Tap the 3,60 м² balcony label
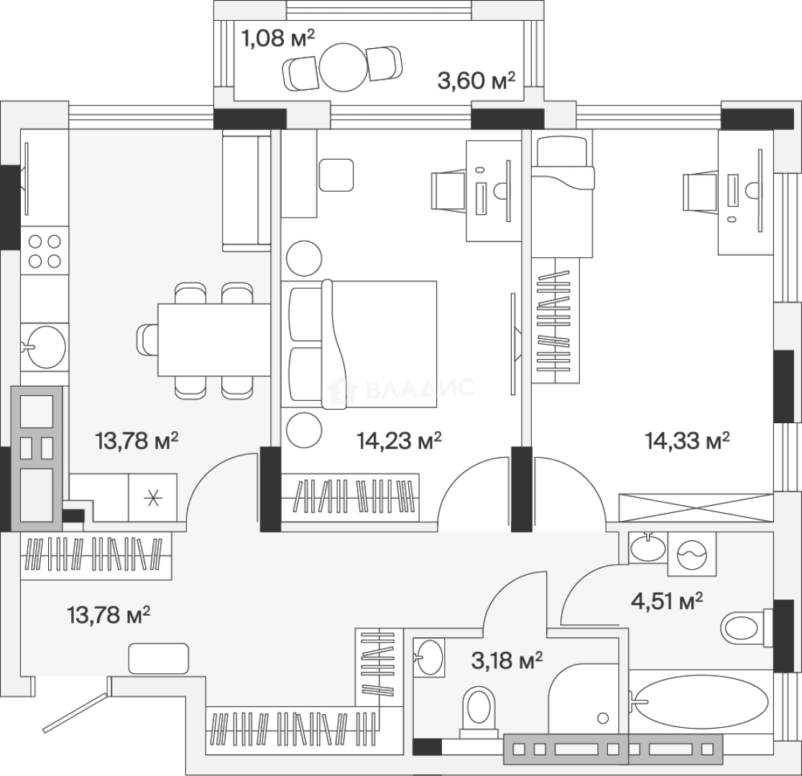(x=477, y=80)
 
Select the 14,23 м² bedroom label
(x=399, y=440)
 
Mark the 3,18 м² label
(x=507, y=659)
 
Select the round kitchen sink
(x=45, y=347)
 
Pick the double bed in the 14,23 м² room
(x=363, y=344)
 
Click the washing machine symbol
(x=692, y=553)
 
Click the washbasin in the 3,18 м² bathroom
(x=430, y=657)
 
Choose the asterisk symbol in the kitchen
(x=152, y=498)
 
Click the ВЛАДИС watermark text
(x=420, y=389)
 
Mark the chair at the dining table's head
(x=147, y=339)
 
